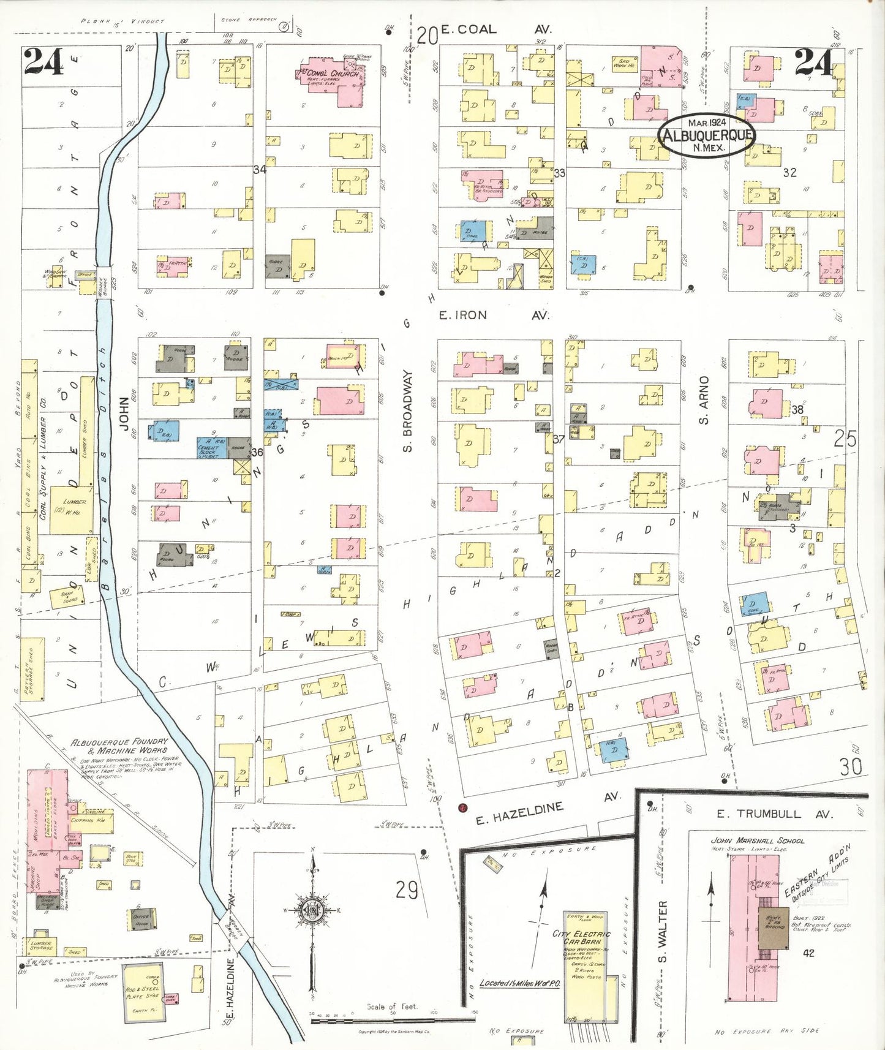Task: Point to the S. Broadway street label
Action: click(407, 411)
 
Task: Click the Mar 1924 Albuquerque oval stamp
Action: click(706, 135)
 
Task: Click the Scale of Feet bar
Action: click(392, 1020)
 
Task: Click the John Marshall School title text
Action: click(757, 840)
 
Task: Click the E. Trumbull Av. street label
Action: click(774, 814)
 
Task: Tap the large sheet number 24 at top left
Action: click(44, 61)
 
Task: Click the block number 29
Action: click(406, 889)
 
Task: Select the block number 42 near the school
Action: click(808, 953)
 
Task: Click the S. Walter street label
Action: click(662, 931)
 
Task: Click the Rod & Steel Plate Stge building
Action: click(143, 992)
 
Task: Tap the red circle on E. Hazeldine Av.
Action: click(463, 807)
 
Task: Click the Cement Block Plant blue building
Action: click(211, 448)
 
